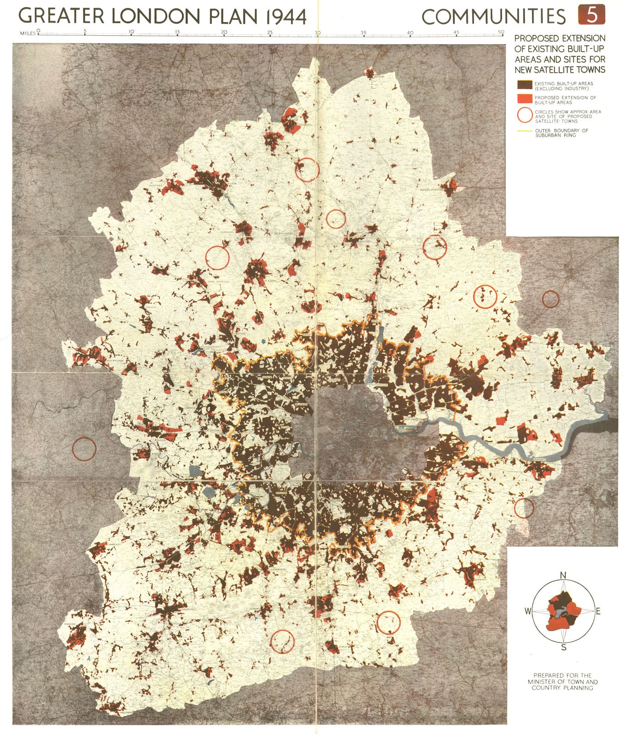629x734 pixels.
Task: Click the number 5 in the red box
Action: point(592,15)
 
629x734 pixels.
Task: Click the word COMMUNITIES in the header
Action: point(494,17)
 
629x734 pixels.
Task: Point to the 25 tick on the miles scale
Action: point(270,33)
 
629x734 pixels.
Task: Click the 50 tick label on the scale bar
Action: point(501,32)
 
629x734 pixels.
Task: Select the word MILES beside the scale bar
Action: point(27,33)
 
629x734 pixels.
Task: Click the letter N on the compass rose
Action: point(564,576)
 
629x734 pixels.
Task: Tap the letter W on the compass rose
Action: point(528,611)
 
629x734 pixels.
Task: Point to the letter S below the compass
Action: point(564,648)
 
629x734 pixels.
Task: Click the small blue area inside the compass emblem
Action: point(559,612)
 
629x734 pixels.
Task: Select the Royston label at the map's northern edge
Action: point(379,77)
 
